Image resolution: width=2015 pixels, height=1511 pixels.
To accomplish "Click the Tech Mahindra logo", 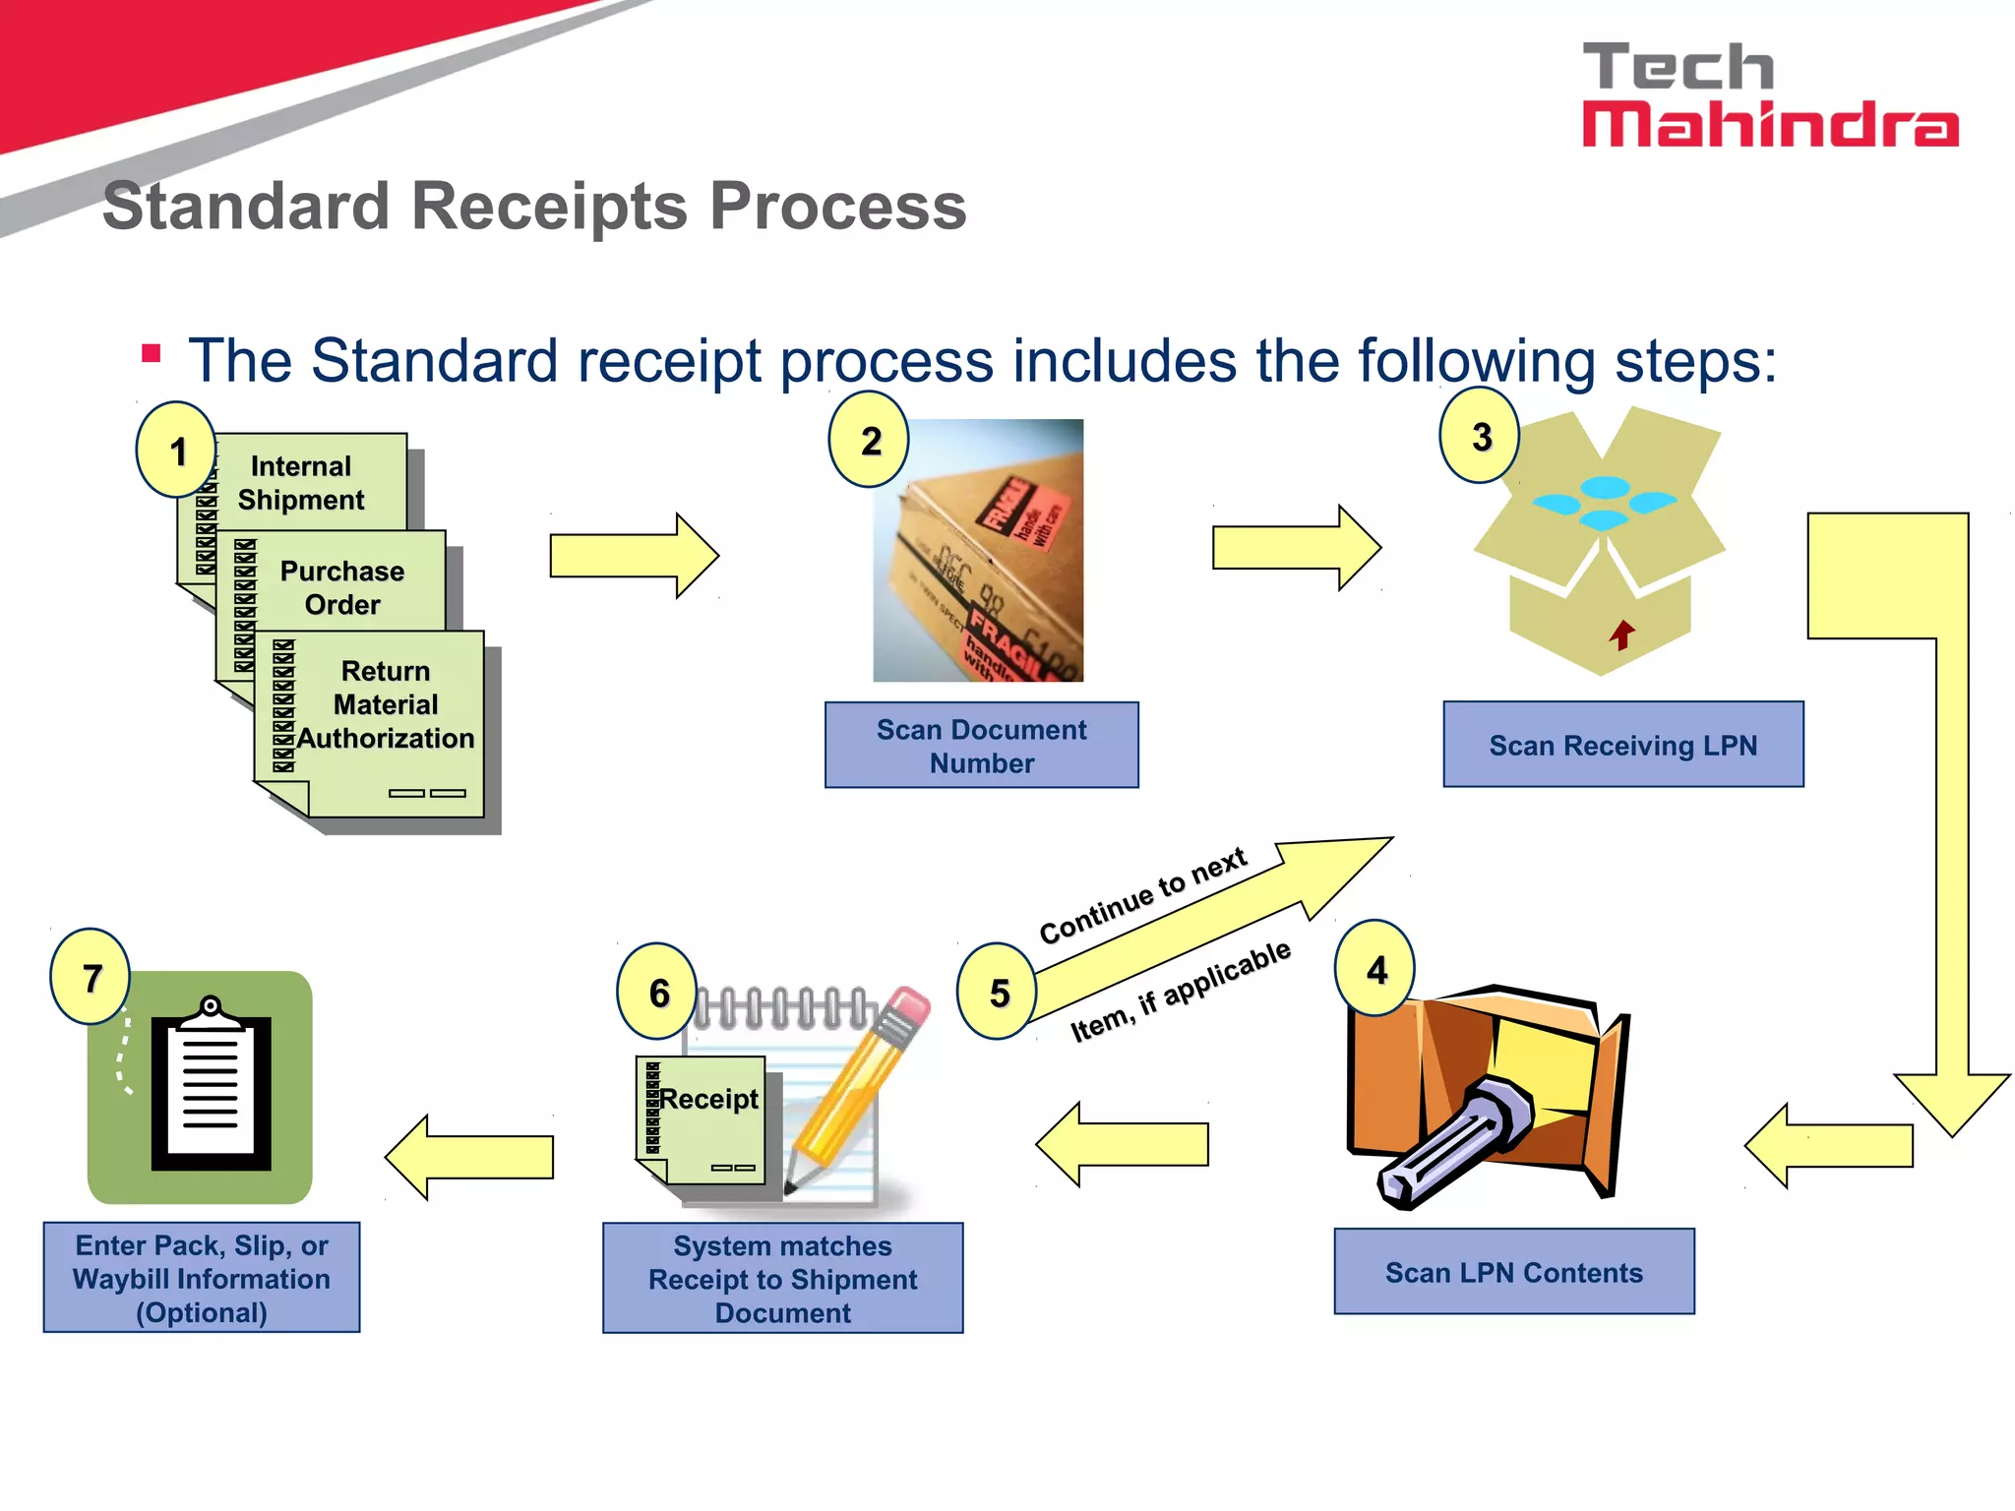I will [1769, 95].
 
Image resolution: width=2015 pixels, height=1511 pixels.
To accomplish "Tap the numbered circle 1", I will [177, 451].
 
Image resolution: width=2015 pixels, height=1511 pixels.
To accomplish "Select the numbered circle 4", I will [1375, 969].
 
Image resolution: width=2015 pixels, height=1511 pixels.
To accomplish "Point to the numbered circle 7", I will [92, 977].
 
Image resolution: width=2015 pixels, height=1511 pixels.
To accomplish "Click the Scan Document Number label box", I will [981, 746].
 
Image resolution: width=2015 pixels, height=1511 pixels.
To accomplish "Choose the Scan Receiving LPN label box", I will [1622, 745].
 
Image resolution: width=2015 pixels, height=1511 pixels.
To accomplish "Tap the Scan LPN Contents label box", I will [1513, 1272].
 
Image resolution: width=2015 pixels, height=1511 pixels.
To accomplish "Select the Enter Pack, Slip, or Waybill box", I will [202, 1278].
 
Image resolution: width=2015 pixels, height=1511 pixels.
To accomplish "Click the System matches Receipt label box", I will [782, 1279].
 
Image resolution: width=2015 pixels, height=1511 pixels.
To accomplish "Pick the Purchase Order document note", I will [341, 587].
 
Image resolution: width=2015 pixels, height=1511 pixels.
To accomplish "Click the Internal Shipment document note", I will [301, 482].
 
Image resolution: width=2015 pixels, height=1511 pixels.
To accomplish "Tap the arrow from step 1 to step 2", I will [634, 556].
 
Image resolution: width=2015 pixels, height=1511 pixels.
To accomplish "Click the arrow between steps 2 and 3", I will [1296, 548].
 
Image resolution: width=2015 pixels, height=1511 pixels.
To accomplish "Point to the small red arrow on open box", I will [1622, 635].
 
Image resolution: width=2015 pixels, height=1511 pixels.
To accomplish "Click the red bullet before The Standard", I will [152, 353].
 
